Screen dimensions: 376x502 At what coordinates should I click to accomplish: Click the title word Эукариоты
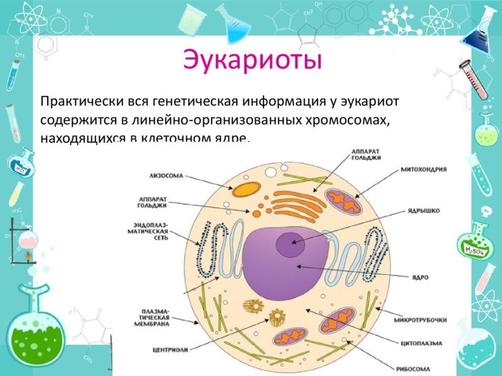(252, 61)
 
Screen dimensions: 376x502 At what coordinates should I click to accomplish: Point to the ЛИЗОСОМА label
(166, 175)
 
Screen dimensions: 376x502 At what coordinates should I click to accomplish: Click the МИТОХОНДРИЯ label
(424, 170)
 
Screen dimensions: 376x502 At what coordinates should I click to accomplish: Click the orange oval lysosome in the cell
(246, 189)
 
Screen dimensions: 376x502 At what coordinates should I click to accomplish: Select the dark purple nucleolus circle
(290, 244)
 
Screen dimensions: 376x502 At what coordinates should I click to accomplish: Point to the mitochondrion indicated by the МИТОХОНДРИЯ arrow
(343, 202)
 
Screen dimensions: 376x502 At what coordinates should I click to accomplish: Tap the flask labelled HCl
(21, 164)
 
